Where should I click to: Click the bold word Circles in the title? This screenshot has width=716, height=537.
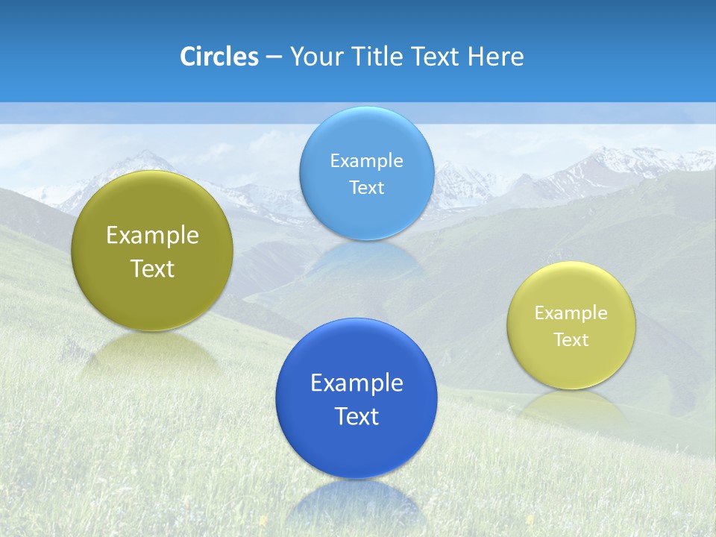(x=219, y=57)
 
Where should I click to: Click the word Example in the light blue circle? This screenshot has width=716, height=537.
(x=367, y=160)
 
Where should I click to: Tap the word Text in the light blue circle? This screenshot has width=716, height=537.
(x=367, y=187)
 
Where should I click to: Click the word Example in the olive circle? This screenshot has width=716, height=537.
(x=152, y=236)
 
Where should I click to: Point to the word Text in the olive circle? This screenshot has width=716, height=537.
(x=152, y=268)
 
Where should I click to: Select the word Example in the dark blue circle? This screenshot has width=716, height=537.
(x=357, y=383)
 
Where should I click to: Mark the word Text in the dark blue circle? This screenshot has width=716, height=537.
(x=357, y=416)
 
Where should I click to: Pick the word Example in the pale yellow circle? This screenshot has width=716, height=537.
(x=571, y=313)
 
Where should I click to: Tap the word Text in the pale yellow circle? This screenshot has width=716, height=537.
(x=571, y=339)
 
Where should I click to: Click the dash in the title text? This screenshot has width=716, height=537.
(x=274, y=57)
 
